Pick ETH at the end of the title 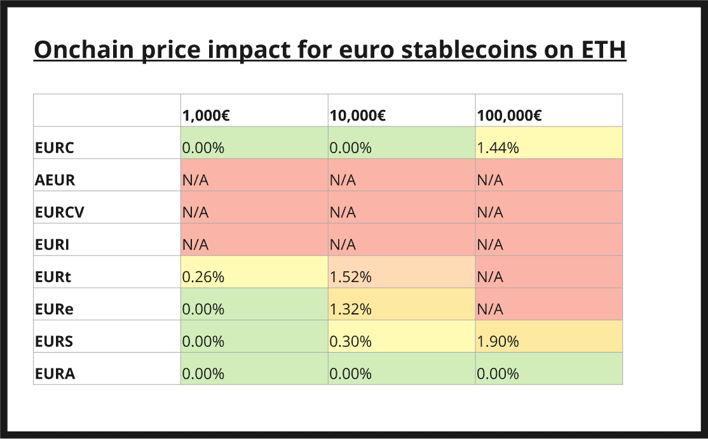coord(604,50)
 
